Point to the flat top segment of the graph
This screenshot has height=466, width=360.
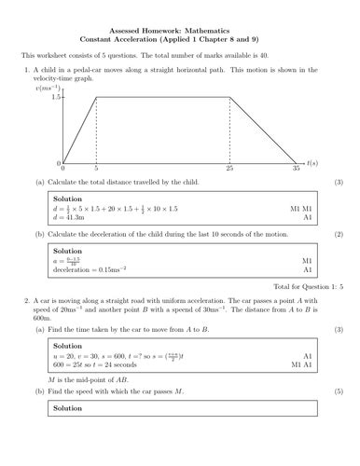click(x=163, y=97)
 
